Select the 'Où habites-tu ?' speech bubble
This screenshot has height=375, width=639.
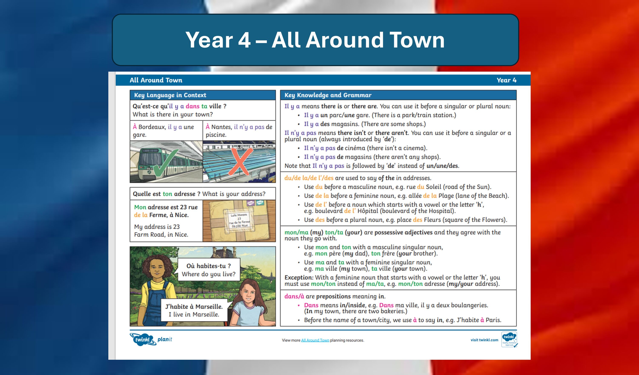pos(209,269)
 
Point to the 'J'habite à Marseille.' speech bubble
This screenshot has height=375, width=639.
pos(194,310)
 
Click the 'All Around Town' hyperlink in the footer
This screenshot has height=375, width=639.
pos(315,340)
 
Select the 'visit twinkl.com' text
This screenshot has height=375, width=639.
pos(484,340)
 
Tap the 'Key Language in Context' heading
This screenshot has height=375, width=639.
pos(170,95)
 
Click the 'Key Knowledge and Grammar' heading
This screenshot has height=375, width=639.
pos(328,95)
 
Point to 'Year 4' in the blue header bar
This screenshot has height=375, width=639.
pos(506,80)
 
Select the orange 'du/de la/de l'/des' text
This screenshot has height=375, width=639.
pos(309,178)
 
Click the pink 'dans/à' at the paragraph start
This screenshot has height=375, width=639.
pos(294,296)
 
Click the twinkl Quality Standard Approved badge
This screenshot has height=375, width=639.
pos(509,339)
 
